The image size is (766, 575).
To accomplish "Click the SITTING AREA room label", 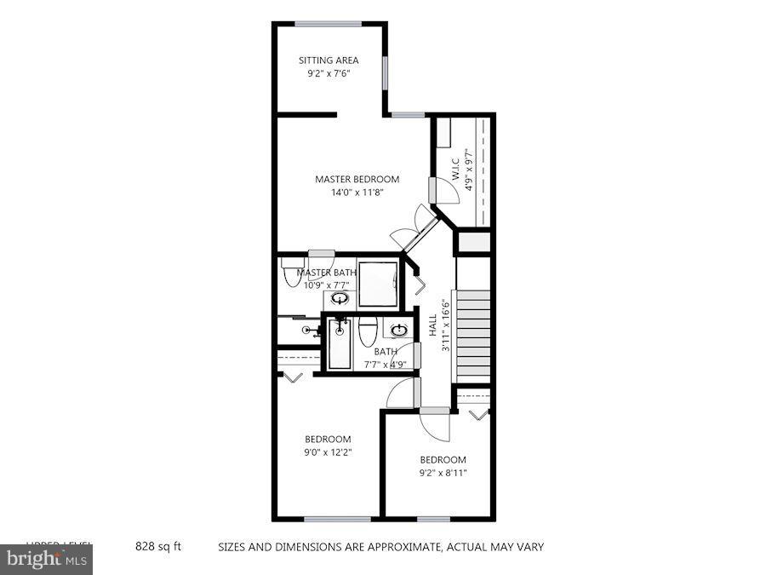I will click(328, 60).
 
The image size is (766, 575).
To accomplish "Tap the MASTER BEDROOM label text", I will click(357, 179).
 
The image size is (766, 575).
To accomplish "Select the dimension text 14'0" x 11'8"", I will click(357, 193).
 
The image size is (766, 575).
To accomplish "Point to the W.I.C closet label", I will click(455, 170).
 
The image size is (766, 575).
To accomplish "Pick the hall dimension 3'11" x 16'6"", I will click(443, 323).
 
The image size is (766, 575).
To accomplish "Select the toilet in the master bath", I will click(289, 276).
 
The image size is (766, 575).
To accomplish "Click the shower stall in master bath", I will click(377, 283).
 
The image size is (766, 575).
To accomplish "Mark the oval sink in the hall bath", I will click(398, 330).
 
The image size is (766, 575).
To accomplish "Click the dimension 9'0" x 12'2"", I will click(328, 452).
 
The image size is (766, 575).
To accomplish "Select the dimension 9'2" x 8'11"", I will click(443, 473).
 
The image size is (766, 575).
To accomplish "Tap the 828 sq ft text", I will click(159, 547).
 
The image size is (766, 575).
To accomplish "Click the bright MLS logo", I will click(47, 561).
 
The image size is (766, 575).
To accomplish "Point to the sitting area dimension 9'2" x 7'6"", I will click(328, 74).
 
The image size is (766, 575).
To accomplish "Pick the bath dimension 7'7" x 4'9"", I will click(385, 365).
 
